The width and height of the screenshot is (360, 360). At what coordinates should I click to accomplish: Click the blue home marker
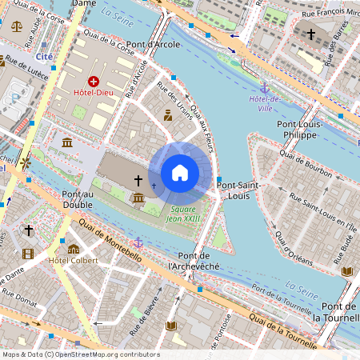coord(180,173)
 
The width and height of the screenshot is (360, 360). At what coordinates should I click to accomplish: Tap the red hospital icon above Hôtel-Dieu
coord(94,82)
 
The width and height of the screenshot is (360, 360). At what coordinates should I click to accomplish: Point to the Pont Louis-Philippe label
coord(299,130)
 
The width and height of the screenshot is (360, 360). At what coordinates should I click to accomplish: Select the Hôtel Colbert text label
coord(73,261)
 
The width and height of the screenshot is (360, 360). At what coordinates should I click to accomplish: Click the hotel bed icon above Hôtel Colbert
coord(74,249)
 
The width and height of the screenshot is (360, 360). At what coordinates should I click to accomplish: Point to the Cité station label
coord(44,57)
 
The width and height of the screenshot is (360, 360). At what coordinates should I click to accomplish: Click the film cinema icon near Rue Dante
coord(29,254)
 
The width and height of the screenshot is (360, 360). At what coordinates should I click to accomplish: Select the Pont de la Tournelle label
coord(338,313)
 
